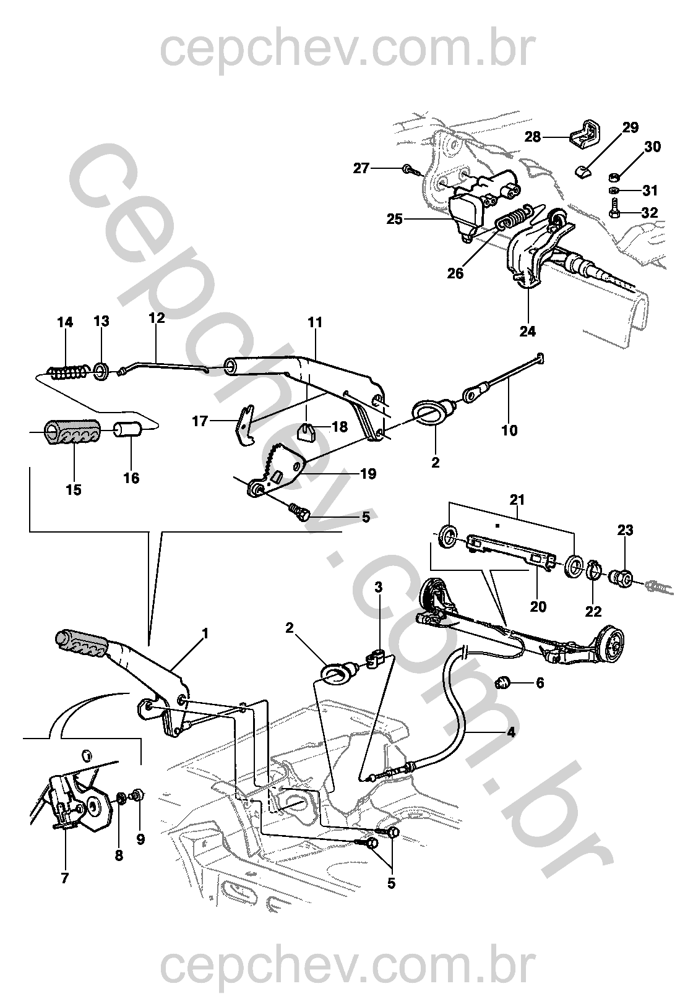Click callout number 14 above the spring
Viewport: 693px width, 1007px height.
[x=65, y=322]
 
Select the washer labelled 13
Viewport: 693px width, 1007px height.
[x=101, y=371]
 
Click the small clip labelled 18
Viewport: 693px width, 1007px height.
[x=308, y=429]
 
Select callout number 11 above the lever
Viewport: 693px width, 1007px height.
[x=316, y=322]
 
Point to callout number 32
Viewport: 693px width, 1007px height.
[x=649, y=213]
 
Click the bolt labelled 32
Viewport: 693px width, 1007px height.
[x=614, y=209]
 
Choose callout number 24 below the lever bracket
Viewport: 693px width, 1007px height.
[x=527, y=331]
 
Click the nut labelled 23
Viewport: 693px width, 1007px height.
[x=622, y=578]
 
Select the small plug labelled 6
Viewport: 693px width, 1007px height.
[x=503, y=683]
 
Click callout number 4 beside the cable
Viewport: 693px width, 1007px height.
[x=510, y=732]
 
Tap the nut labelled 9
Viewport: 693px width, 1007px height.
[x=137, y=795]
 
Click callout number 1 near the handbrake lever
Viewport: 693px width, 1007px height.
[x=205, y=633]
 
